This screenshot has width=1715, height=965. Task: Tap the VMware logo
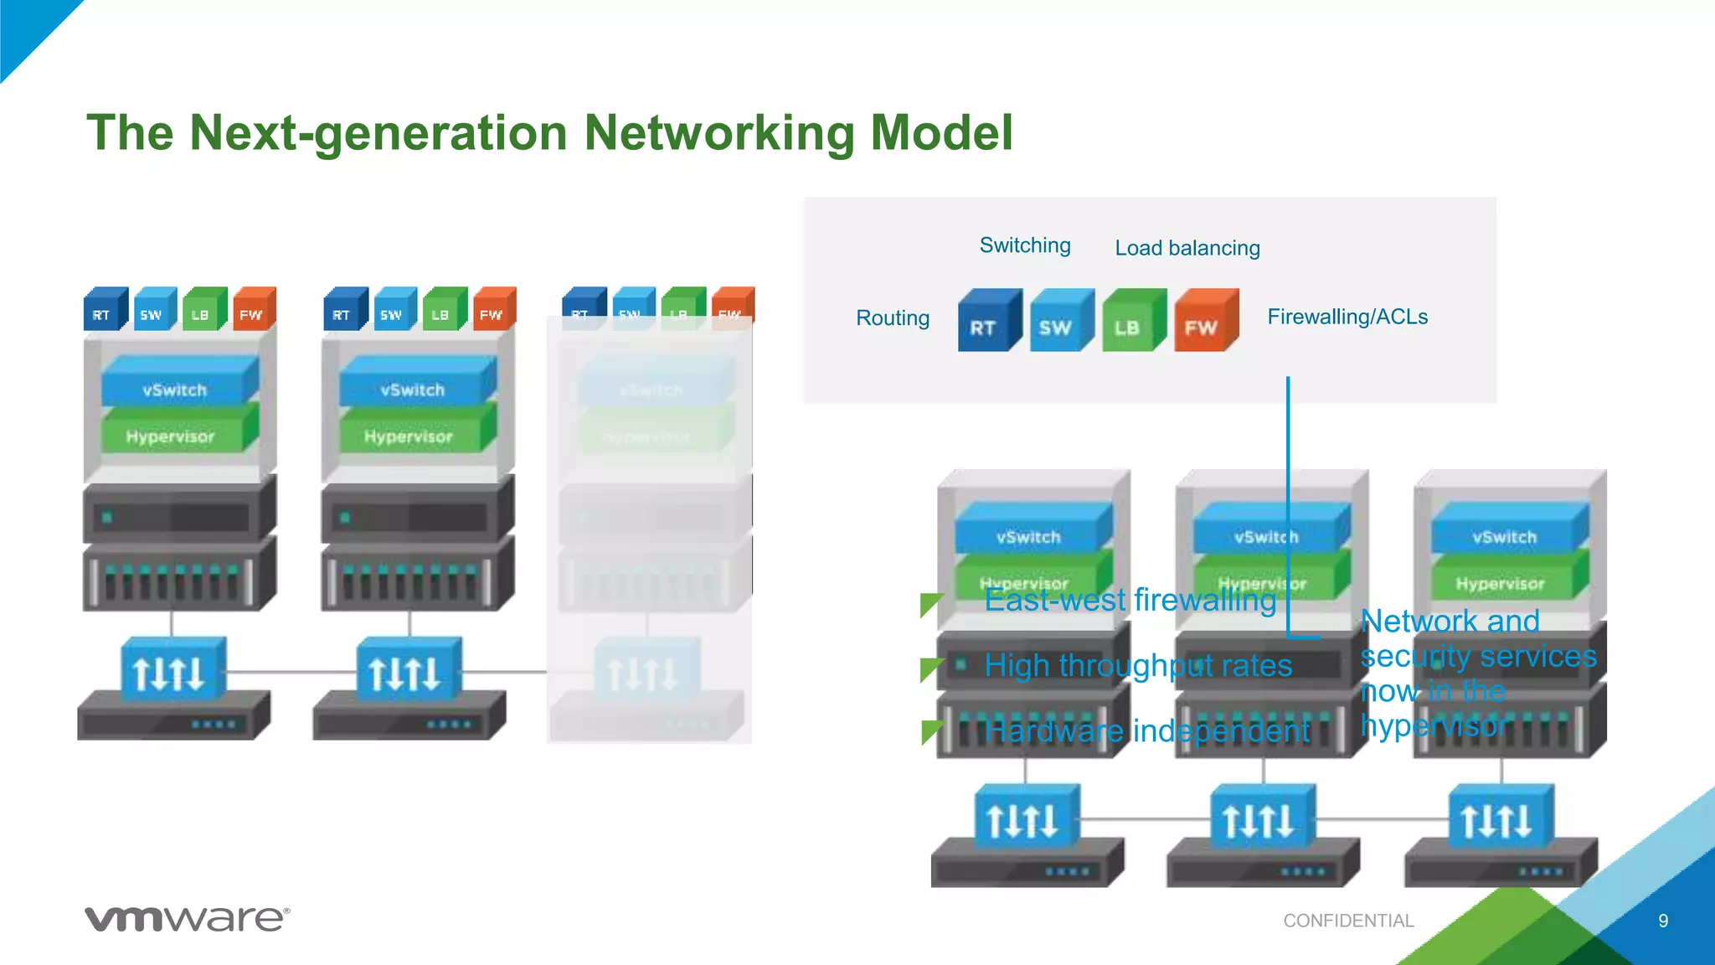click(x=187, y=919)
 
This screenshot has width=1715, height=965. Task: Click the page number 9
click(x=1663, y=921)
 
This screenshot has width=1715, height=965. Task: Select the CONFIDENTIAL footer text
click(x=1348, y=921)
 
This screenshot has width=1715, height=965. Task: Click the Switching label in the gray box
click(x=1025, y=245)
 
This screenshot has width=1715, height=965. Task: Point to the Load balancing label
click(x=1187, y=248)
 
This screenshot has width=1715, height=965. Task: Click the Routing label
click(x=893, y=318)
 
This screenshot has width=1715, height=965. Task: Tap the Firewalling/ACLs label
click(x=1347, y=317)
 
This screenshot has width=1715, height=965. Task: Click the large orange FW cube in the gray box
click(x=1204, y=322)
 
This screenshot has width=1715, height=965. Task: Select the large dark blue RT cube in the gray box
click(x=988, y=322)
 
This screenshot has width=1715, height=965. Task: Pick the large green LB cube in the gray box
click(x=1132, y=322)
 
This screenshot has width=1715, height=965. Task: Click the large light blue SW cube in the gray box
click(x=1060, y=322)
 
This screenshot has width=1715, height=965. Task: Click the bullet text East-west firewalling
click(x=1130, y=601)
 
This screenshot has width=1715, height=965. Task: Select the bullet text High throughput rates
click(x=1138, y=666)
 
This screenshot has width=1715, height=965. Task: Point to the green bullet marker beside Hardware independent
click(x=931, y=731)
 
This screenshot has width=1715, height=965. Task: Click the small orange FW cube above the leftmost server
click(x=253, y=311)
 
